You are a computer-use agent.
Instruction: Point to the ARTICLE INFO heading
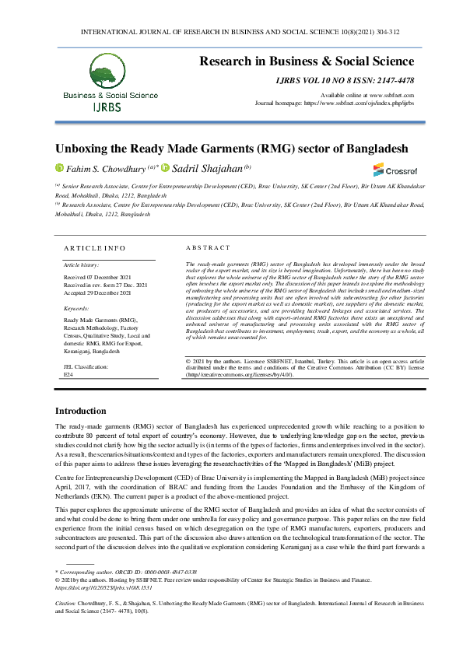[x=93, y=247]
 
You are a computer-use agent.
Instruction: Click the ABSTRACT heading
[x=209, y=247]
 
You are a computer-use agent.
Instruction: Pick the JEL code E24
[x=68, y=373]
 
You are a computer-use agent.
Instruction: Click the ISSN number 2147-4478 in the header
[x=396, y=80]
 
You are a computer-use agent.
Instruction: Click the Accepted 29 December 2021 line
[x=98, y=292]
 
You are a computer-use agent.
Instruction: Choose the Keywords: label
[x=76, y=309]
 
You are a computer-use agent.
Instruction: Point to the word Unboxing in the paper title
[x=83, y=148]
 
